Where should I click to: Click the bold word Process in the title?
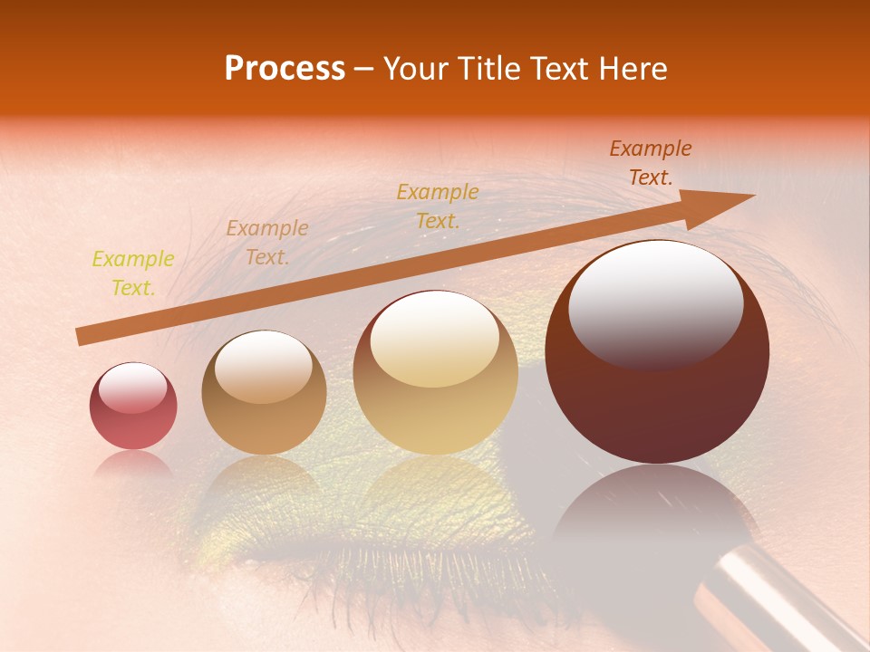click(x=285, y=69)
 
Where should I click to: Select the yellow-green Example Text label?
click(x=133, y=273)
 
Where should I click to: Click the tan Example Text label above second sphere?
click(x=266, y=243)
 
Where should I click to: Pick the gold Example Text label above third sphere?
click(x=438, y=206)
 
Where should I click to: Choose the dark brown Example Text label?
click(x=650, y=163)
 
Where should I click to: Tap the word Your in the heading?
click(x=419, y=69)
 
